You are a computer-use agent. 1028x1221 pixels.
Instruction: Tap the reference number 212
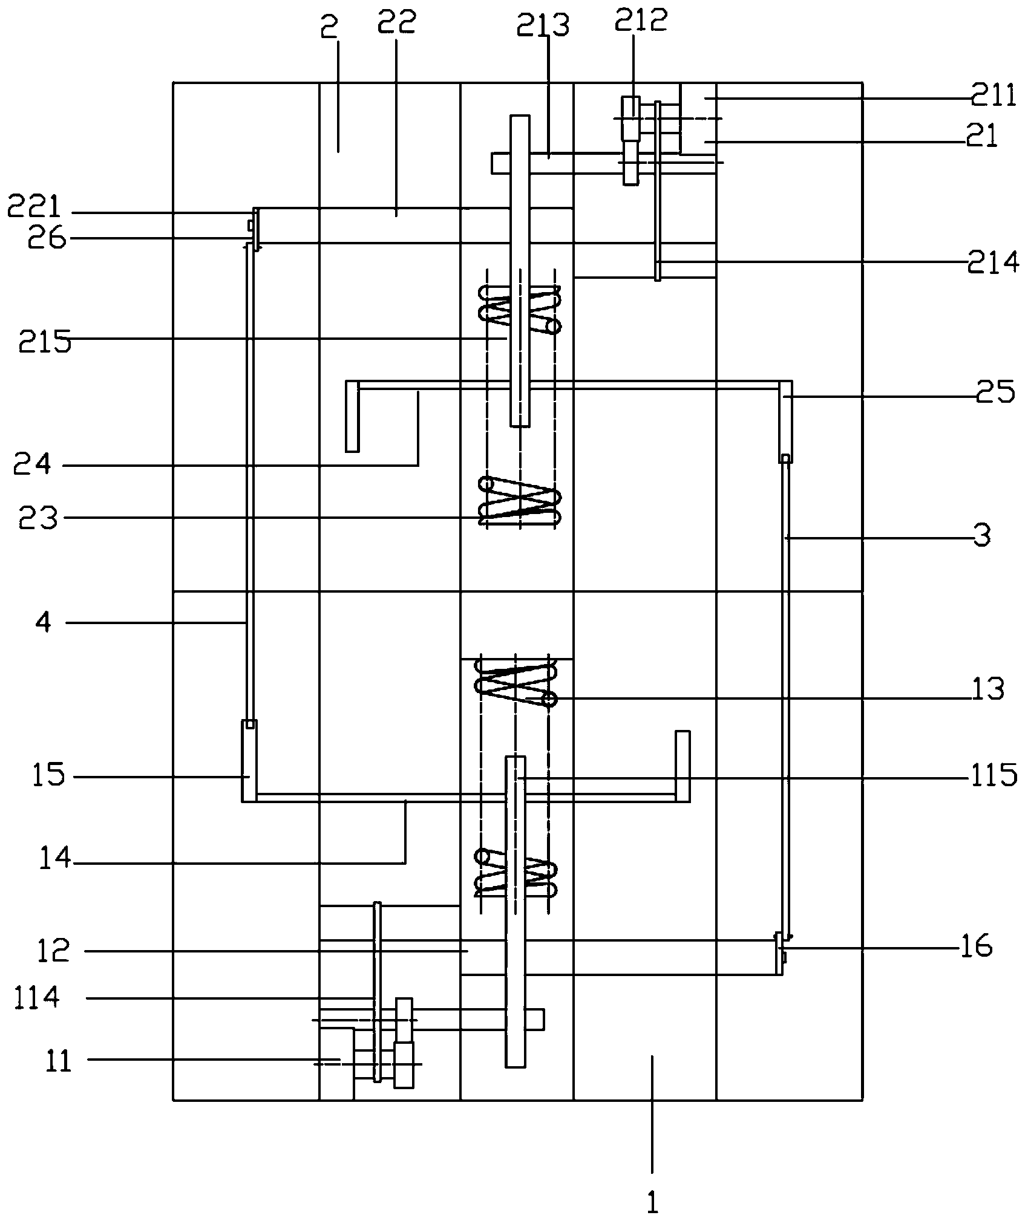pyautogui.click(x=641, y=21)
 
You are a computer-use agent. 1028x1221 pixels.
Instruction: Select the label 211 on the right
pyautogui.click(x=994, y=97)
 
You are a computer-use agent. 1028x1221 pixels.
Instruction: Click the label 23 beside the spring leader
pyautogui.click(x=38, y=518)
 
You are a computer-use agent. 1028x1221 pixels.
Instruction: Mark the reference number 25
pyautogui.click(x=995, y=393)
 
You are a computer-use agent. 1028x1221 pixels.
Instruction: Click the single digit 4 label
pyautogui.click(x=44, y=623)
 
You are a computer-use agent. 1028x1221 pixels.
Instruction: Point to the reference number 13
pyautogui.click(x=987, y=689)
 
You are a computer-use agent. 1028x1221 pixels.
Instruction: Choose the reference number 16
pyautogui.click(x=974, y=946)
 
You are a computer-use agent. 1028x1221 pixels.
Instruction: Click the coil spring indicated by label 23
pyautogui.click(x=520, y=500)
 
